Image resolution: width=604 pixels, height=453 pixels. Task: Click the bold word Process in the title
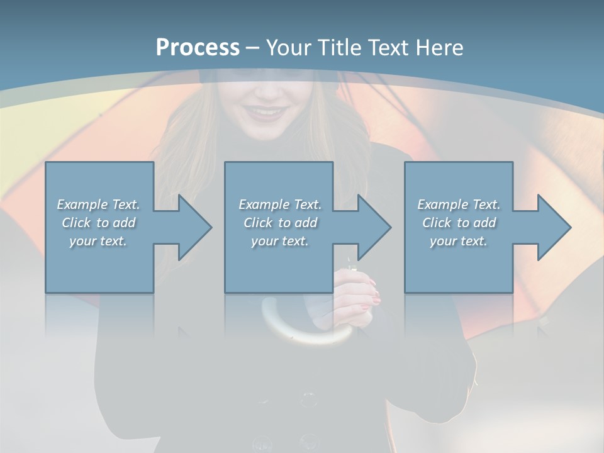[198, 47]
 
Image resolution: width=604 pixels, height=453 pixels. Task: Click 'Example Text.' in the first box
[98, 204]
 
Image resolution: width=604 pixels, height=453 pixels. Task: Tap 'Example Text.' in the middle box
[280, 204]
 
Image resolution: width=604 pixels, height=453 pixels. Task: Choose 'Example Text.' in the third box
[459, 204]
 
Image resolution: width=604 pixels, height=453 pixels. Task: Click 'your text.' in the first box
[98, 241]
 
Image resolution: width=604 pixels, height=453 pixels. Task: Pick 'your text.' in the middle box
[280, 241]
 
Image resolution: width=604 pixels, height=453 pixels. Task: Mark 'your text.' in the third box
[459, 241]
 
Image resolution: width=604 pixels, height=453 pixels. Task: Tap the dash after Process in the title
[252, 48]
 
